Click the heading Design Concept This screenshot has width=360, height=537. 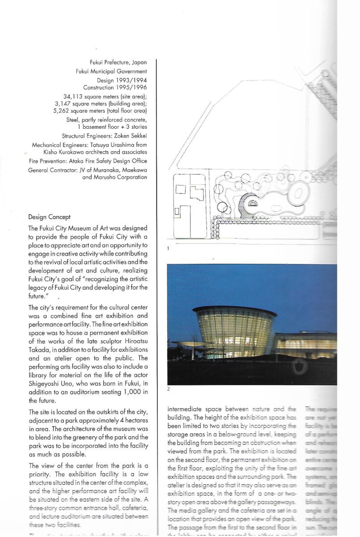click(x=49, y=217)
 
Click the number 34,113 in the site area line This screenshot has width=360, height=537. click(x=68, y=96)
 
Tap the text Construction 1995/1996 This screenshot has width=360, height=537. click(x=115, y=87)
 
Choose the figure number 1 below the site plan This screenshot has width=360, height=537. click(x=168, y=247)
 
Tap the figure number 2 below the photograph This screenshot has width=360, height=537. click(x=168, y=389)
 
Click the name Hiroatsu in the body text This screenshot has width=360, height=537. click(x=134, y=340)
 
